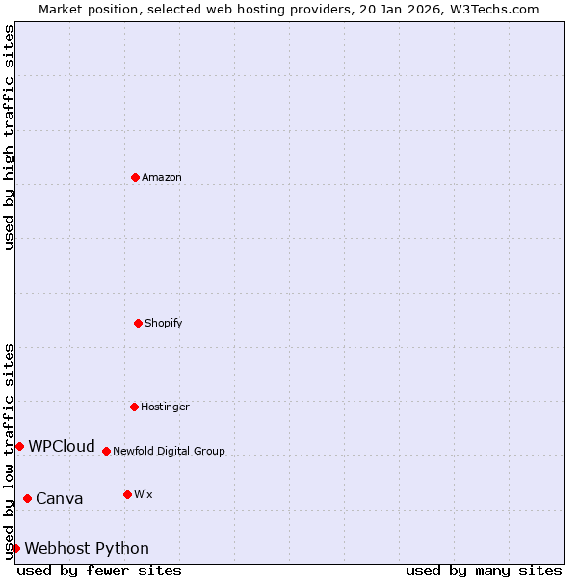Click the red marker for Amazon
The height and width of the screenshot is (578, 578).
135,177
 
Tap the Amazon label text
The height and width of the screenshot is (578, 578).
162,178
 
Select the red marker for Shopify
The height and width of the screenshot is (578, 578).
138,323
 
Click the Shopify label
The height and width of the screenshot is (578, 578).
164,324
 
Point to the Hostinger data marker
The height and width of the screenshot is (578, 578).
134,407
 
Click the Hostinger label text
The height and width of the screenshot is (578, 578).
165,407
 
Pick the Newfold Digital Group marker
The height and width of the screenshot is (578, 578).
106,451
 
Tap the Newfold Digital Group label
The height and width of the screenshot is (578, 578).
169,452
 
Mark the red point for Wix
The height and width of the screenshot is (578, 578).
127,494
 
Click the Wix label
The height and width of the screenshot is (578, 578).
144,495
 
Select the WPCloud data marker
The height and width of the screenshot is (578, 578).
19,446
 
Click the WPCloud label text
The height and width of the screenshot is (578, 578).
62,447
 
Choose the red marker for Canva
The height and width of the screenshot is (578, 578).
27,498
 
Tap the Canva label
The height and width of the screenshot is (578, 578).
60,499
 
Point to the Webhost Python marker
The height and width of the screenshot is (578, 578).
15,548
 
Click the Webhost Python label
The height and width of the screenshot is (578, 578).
87,549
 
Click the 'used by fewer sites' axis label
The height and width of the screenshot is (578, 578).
99,571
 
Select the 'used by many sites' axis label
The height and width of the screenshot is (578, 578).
484,571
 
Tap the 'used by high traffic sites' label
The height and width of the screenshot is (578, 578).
9,137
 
